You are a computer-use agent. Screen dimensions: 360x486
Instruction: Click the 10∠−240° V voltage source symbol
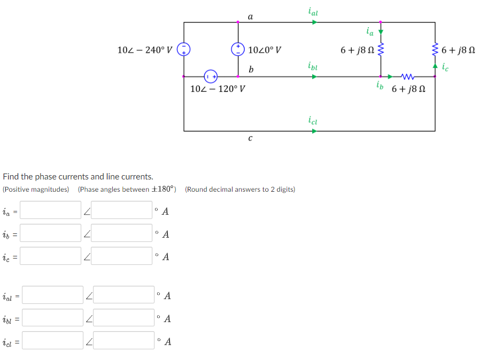(x=184, y=50)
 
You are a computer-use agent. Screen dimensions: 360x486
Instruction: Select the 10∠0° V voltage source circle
(x=238, y=50)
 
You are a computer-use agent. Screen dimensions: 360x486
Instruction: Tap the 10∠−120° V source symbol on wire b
(x=211, y=76)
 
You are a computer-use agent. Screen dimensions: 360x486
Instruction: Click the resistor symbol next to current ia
(x=381, y=51)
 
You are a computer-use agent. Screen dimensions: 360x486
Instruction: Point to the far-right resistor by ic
(x=434, y=51)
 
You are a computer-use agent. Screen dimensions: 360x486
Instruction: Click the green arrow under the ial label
(x=315, y=22)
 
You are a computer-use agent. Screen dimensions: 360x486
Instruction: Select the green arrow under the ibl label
(x=315, y=76)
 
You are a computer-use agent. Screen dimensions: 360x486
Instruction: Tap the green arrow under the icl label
(x=315, y=131)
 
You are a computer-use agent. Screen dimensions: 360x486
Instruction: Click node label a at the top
(x=251, y=17)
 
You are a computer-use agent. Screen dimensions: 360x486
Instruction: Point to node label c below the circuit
(x=250, y=138)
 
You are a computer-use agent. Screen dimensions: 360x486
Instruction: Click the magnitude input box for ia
(x=51, y=210)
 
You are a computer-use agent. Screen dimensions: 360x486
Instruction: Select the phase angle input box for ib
(x=125, y=233)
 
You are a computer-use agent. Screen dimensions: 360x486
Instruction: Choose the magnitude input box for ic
(x=51, y=256)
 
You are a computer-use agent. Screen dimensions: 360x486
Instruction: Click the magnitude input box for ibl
(x=52, y=318)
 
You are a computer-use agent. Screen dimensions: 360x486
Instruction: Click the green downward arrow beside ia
(x=381, y=32)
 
